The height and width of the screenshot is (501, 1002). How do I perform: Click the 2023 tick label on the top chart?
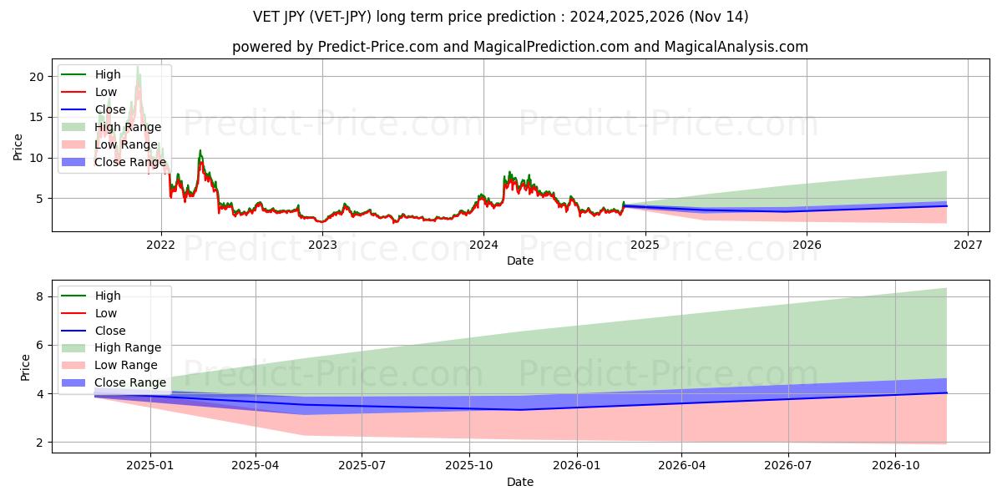322,245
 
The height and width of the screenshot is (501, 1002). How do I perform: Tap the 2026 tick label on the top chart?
806,245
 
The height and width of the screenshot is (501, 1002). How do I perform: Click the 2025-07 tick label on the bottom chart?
362,466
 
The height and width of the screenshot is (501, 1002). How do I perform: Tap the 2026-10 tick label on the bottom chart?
894,466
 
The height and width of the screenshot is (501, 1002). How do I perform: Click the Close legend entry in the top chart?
110,109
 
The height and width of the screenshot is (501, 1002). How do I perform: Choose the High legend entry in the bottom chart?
107,296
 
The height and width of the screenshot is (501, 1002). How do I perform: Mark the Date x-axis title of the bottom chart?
519,482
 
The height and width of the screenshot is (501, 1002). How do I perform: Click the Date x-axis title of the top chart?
519,261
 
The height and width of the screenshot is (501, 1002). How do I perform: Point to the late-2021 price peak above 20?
138,68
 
